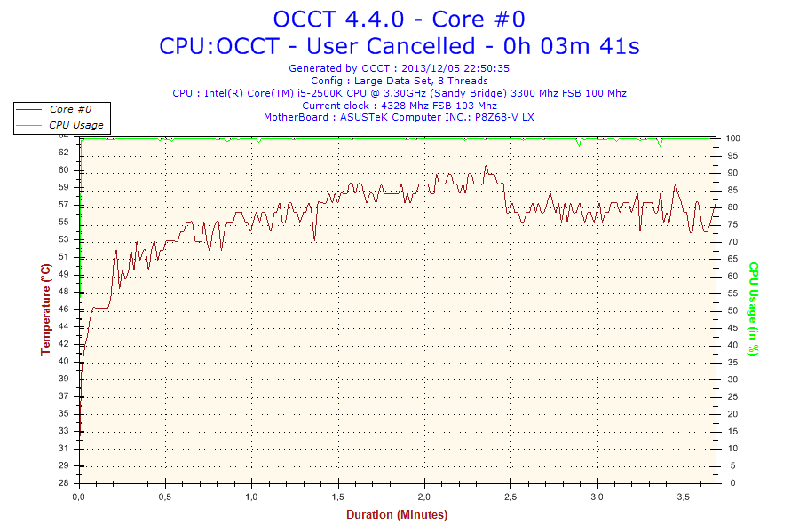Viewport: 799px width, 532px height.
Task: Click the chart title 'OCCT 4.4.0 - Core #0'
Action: click(x=399, y=18)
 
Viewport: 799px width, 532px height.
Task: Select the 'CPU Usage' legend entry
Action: click(x=75, y=125)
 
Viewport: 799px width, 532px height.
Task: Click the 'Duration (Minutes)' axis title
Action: click(x=397, y=514)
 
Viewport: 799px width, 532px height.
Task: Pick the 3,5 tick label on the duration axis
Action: click(x=684, y=497)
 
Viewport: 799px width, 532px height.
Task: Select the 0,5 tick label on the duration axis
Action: click(x=165, y=497)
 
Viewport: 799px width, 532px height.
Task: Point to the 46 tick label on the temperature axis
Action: click(x=64, y=309)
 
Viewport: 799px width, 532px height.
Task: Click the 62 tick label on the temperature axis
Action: click(x=64, y=153)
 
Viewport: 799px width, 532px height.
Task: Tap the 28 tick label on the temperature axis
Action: click(x=64, y=483)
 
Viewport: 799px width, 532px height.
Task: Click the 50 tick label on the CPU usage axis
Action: click(x=732, y=310)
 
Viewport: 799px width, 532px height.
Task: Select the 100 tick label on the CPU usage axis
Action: click(x=734, y=138)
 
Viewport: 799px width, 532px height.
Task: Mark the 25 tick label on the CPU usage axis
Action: click(x=732, y=397)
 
